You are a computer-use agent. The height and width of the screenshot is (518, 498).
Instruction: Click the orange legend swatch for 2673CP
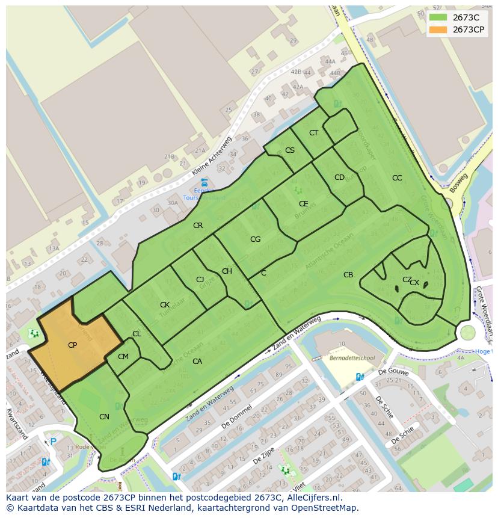click(438, 29)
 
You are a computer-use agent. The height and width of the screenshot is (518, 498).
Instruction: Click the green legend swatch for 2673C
click(438, 17)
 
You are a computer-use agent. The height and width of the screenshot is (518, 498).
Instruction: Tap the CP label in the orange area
click(72, 345)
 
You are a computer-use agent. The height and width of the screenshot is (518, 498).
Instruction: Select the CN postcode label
click(104, 417)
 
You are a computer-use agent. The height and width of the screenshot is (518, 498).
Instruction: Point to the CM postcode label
click(123, 357)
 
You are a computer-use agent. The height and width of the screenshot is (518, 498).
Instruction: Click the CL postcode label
click(137, 334)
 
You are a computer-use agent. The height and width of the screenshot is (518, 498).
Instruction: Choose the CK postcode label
click(164, 305)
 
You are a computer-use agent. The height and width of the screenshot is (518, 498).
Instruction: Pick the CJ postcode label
click(200, 280)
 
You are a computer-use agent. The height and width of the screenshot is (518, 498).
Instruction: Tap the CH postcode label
click(227, 271)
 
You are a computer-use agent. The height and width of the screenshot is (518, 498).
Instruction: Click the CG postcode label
click(255, 239)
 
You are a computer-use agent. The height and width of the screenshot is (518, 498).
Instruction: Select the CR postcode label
click(198, 226)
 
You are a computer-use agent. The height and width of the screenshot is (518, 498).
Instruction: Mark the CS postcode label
click(290, 150)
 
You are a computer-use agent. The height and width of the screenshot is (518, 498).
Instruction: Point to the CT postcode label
click(313, 133)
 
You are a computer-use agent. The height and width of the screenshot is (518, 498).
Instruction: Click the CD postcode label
click(339, 177)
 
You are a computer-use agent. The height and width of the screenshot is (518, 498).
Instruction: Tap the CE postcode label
click(304, 204)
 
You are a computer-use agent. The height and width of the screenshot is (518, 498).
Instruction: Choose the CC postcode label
click(397, 178)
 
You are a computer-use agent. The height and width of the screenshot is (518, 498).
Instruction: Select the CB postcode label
click(348, 275)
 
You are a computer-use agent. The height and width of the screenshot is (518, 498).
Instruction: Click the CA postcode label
click(197, 362)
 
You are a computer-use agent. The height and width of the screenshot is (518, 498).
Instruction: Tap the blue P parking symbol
click(53, 442)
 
